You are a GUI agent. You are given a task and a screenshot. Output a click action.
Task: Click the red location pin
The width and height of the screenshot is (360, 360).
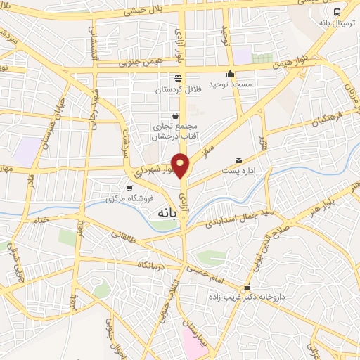coord(181,165)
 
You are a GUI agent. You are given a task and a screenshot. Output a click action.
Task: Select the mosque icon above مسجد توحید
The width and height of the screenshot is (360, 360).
coord(230,74)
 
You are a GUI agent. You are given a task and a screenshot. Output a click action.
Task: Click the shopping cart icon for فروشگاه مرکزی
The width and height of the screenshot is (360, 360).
coord(129,188)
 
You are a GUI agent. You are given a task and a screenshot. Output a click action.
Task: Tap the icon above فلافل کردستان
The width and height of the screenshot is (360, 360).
coord(178,79)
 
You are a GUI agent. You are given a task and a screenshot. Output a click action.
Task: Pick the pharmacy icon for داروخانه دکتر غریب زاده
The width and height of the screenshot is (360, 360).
coord(246,288)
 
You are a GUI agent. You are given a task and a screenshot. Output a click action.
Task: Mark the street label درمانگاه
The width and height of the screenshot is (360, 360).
coord(150,264)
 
